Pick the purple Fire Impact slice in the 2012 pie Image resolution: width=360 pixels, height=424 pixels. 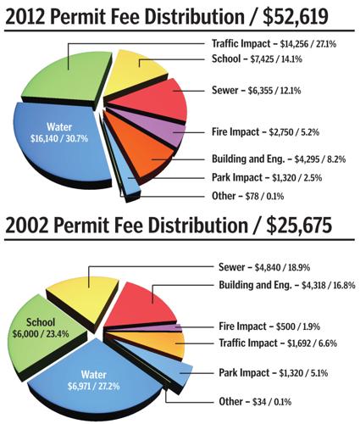point(164,134)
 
